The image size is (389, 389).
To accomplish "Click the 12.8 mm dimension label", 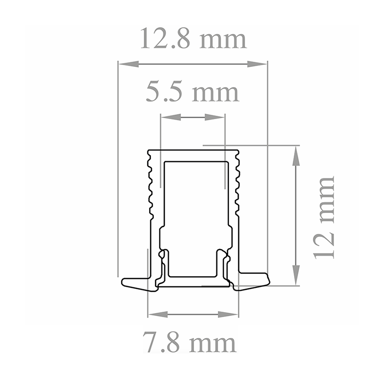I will click(x=193, y=39).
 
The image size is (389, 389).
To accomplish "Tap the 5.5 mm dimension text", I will click(x=193, y=92).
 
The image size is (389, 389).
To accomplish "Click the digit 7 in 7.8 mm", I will click(x=151, y=343).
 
